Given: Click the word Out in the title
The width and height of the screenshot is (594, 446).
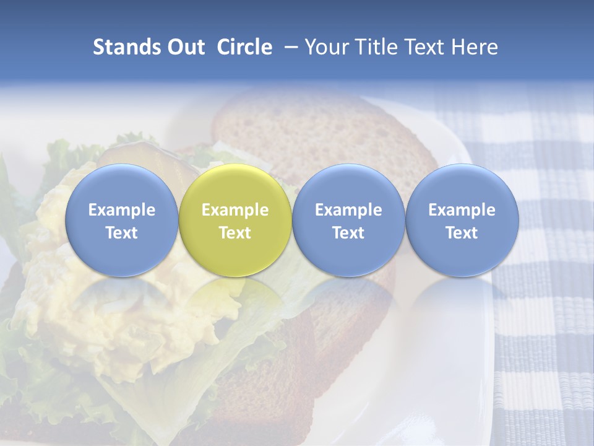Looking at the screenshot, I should (184, 47).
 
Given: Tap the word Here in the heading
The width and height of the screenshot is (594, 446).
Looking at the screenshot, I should (474, 47).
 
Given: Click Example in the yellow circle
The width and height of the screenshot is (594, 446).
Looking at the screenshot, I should (235, 210).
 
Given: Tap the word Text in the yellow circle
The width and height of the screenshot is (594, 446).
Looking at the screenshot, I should (235, 233).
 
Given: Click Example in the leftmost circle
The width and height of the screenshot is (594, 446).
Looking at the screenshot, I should (122, 210).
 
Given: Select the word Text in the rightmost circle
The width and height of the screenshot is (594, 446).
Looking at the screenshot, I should (462, 233).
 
